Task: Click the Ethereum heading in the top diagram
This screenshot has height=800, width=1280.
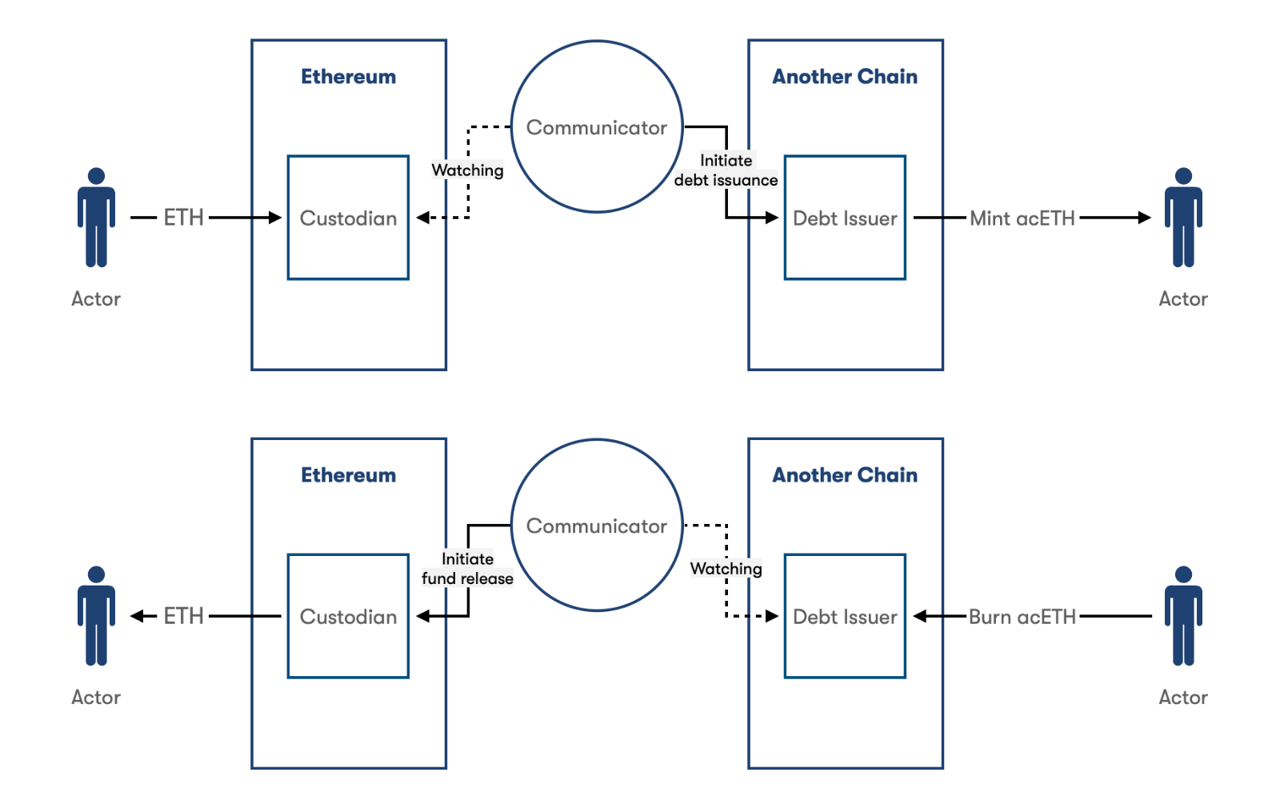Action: (x=348, y=77)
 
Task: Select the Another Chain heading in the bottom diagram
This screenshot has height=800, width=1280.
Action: (x=845, y=475)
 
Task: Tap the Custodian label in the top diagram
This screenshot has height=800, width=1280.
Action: (x=348, y=218)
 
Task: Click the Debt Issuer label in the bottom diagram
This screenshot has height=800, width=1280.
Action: (x=845, y=617)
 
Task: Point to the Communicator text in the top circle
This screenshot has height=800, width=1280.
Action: (x=597, y=127)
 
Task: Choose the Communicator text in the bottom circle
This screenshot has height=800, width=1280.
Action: (x=597, y=526)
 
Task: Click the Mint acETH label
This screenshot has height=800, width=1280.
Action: (x=1022, y=218)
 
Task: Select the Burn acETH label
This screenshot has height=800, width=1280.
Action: (x=1022, y=617)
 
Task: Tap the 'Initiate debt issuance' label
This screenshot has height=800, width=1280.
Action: (x=726, y=170)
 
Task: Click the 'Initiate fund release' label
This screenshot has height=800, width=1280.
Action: (x=467, y=569)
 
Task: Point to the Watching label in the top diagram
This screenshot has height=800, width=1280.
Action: (x=467, y=170)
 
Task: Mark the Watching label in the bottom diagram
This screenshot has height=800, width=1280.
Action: (x=726, y=569)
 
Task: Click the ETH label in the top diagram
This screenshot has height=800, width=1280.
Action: (x=183, y=218)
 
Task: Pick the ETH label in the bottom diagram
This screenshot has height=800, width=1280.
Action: (x=183, y=616)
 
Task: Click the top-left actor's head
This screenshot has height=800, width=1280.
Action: (x=97, y=176)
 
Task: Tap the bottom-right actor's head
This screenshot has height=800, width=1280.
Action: (x=1183, y=574)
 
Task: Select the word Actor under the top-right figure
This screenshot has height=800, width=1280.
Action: (x=1183, y=299)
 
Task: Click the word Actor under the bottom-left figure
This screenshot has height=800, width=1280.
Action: (x=96, y=697)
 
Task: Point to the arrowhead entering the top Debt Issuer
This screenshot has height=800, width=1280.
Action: (x=772, y=218)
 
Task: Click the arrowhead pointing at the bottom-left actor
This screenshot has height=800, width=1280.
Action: (x=137, y=616)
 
